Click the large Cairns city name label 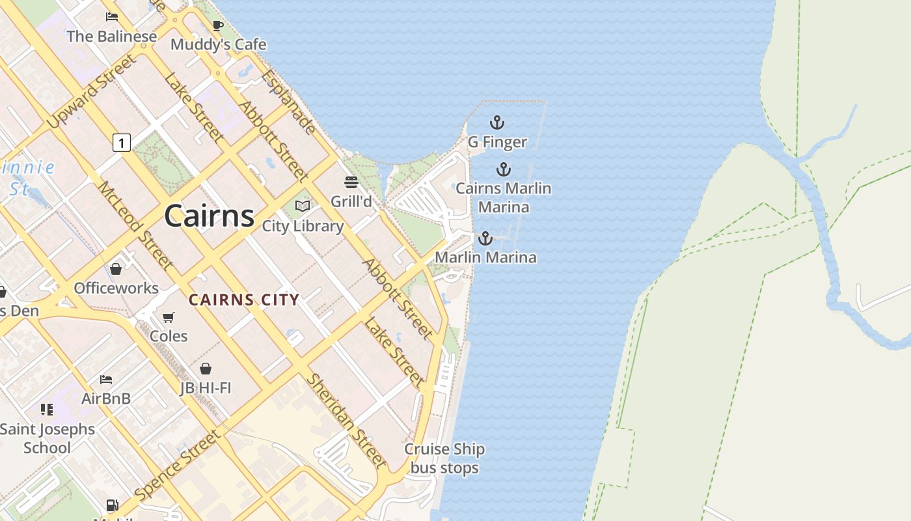[209, 216]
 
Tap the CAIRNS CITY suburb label [244, 300]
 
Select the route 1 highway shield [121, 142]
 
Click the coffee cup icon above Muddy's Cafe [218, 26]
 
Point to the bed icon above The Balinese [112, 18]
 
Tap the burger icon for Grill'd [351, 182]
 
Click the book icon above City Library [303, 206]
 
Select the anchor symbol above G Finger [497, 122]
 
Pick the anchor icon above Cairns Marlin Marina [503, 170]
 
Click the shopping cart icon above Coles [169, 317]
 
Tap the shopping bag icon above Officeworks [116, 269]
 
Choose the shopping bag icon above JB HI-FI [206, 369]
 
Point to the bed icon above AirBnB [106, 380]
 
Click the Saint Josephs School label [48, 438]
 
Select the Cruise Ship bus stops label [444, 458]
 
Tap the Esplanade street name [289, 102]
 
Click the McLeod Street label [135, 225]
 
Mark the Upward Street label [92, 91]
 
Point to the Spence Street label [178, 465]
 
